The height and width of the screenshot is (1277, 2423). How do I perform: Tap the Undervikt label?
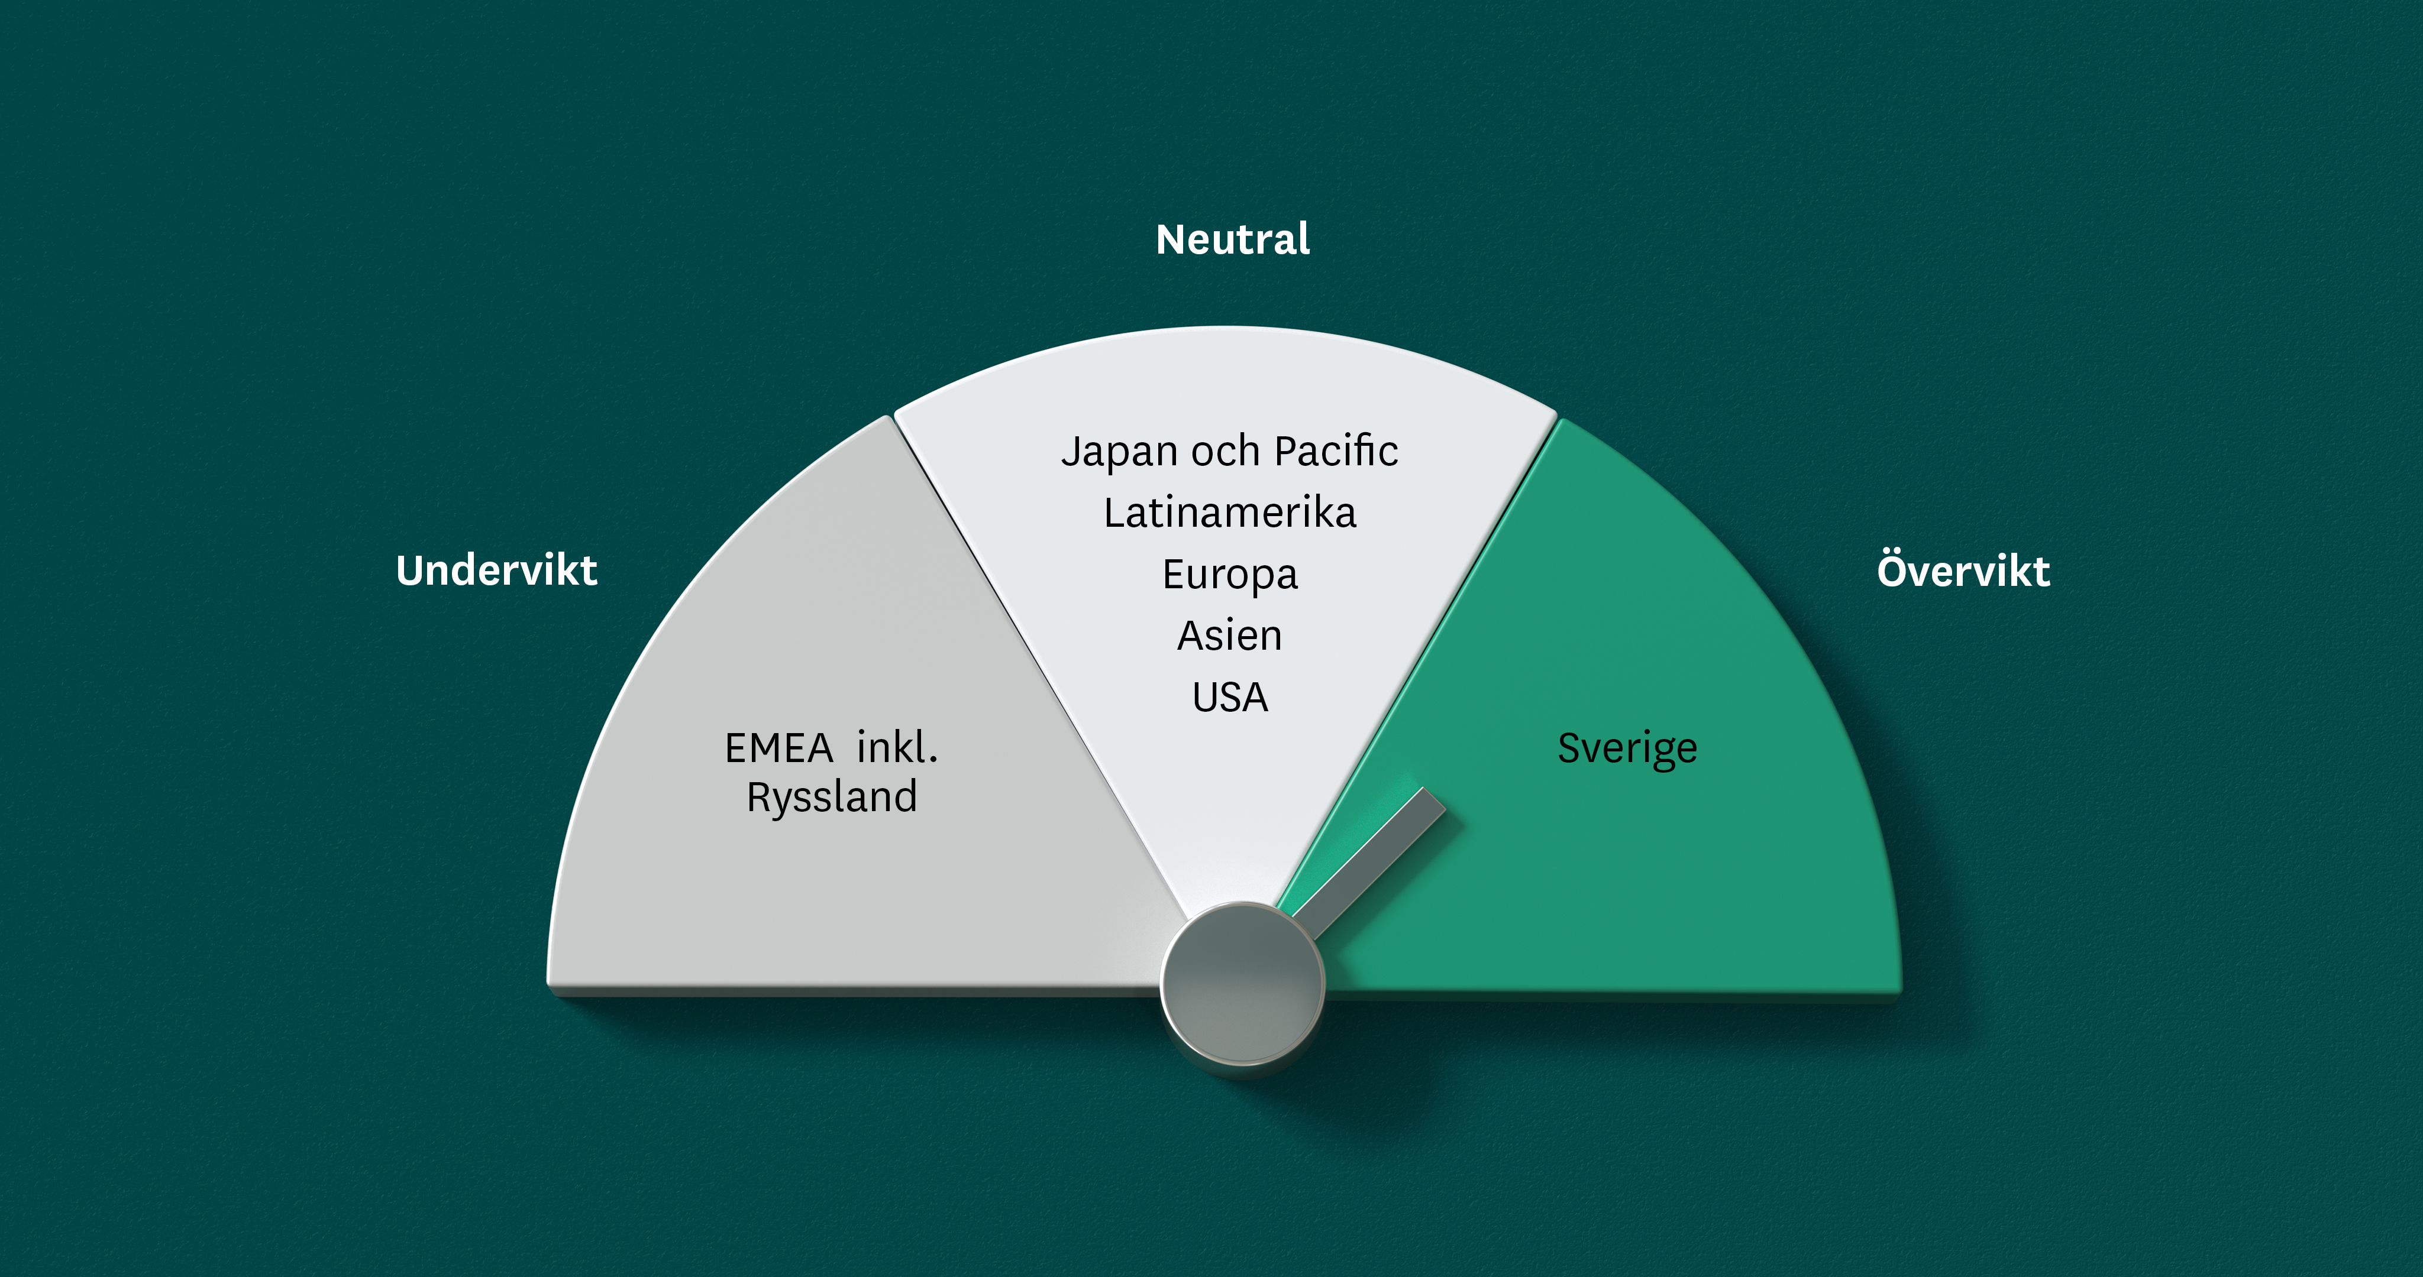pyautogui.click(x=497, y=570)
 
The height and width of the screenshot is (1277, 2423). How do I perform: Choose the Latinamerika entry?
pyautogui.click(x=1230, y=513)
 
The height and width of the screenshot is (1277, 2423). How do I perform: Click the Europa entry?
pyautogui.click(x=1230, y=575)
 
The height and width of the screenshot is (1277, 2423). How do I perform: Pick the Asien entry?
pyautogui.click(x=1230, y=636)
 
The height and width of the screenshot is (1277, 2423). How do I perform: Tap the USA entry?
pyautogui.click(x=1230, y=698)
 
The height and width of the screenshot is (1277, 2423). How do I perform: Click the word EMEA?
pyautogui.click(x=779, y=748)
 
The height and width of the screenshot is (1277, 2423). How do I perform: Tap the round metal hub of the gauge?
pyautogui.click(x=1242, y=984)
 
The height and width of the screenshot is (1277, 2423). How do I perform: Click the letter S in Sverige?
pyautogui.click(x=1569, y=748)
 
